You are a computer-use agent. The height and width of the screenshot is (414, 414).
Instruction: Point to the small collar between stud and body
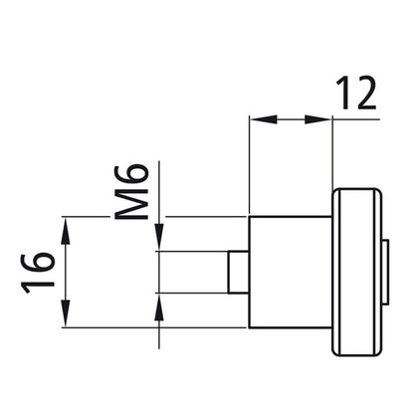(x=238, y=271)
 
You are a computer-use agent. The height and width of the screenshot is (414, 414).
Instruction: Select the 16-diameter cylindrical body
(x=289, y=271)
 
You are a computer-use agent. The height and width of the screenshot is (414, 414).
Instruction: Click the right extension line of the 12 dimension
(x=332, y=149)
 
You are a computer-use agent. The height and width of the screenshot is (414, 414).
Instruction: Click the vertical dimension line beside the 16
(x=67, y=271)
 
